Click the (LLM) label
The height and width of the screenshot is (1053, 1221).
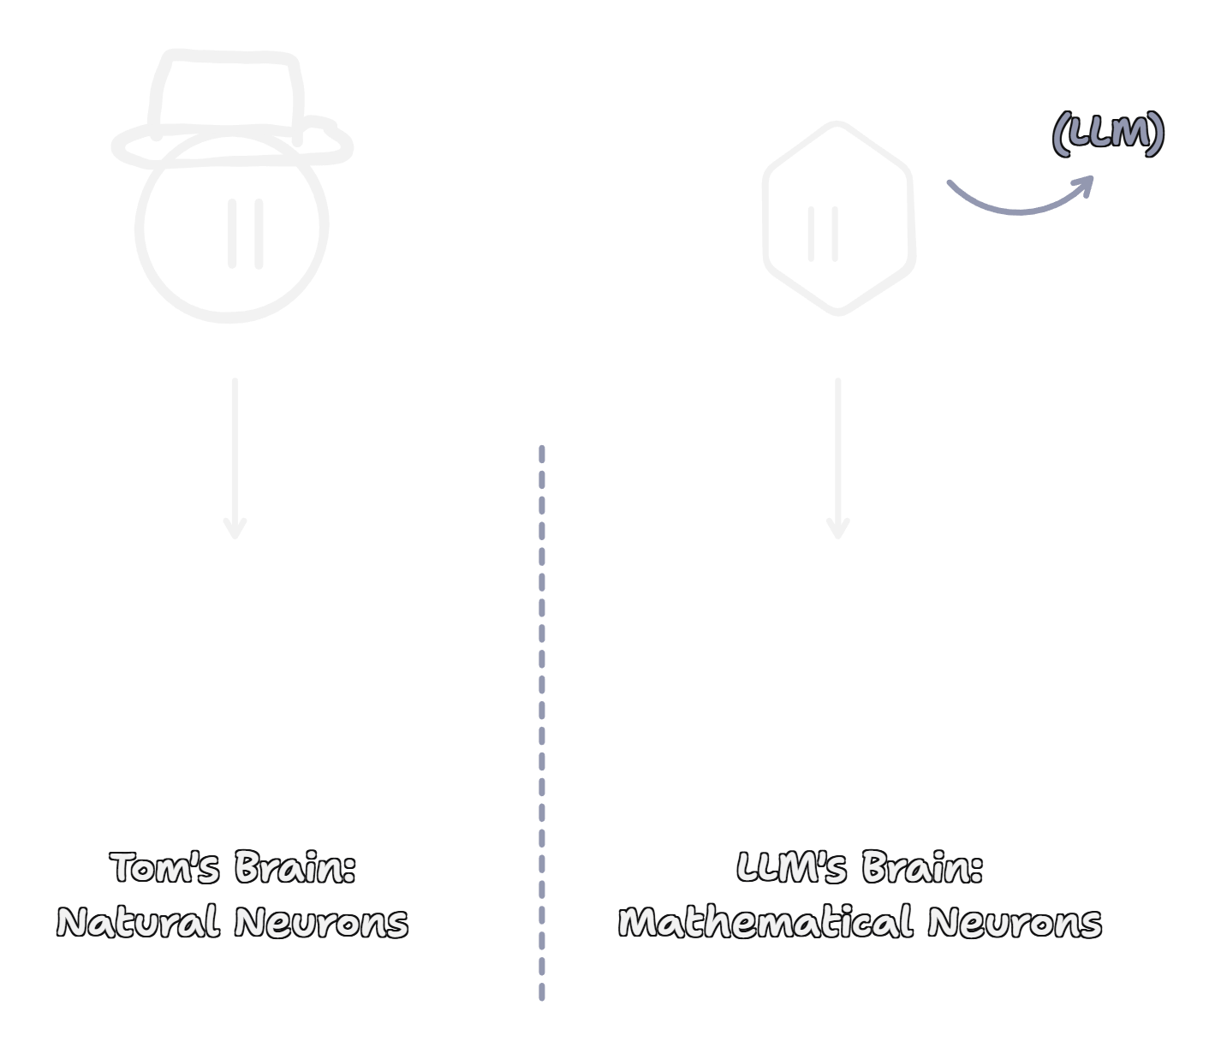1108,134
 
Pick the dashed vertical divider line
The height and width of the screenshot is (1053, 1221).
542,719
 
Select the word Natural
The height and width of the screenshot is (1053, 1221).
138,923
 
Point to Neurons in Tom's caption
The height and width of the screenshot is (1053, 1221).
321,923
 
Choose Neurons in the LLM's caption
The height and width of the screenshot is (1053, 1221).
1014,923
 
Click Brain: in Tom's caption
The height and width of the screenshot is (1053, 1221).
295,867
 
